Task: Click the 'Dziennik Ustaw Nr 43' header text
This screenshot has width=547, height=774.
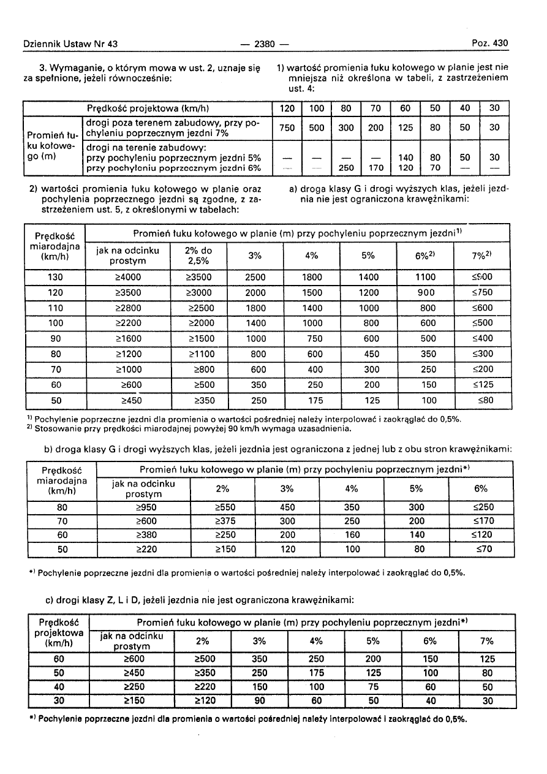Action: (70, 44)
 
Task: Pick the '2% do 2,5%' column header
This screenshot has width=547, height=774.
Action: (198, 256)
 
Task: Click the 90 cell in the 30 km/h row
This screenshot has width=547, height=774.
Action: (259, 701)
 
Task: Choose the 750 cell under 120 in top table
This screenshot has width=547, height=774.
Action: (286, 128)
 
